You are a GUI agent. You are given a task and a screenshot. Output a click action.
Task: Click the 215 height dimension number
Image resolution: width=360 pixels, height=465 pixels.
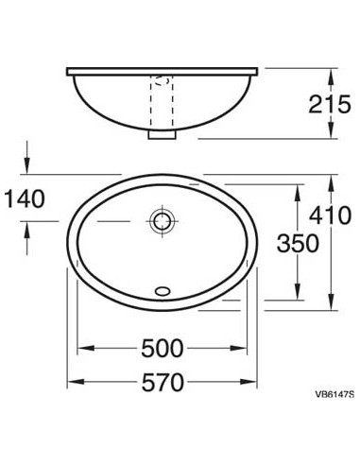pyautogui.click(x=329, y=104)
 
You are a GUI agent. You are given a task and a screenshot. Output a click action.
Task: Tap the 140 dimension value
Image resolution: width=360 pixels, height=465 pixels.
pyautogui.click(x=26, y=198)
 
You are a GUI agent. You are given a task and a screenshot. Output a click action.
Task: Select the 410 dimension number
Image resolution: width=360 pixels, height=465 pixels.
pyautogui.click(x=330, y=215)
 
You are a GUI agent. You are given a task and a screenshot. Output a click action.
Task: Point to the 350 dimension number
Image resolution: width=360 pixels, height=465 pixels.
pyautogui.click(x=298, y=243)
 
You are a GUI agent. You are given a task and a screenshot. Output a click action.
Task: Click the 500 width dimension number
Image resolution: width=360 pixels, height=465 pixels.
pyautogui.click(x=162, y=348)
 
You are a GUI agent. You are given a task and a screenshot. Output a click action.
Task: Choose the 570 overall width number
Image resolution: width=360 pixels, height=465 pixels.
pyautogui.click(x=162, y=382)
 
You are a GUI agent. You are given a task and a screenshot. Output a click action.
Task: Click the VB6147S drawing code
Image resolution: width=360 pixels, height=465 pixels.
pyautogui.click(x=334, y=394)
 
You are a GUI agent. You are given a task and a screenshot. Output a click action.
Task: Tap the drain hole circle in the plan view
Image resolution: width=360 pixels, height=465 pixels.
pyautogui.click(x=162, y=221)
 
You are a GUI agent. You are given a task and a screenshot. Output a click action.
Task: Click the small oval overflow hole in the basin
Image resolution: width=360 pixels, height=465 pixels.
pyautogui.click(x=163, y=291)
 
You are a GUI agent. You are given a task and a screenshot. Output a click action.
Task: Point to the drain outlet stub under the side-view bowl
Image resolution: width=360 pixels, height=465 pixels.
pyautogui.click(x=162, y=134)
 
